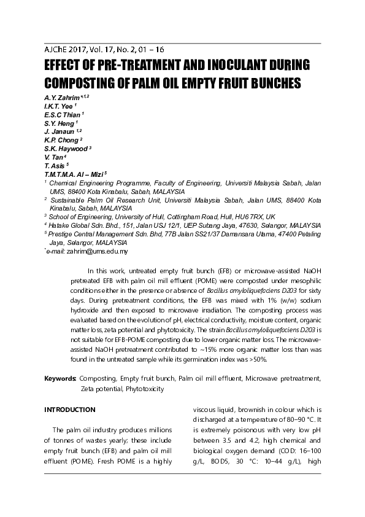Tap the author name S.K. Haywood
click(x=66, y=149)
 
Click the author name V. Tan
click(x=55, y=158)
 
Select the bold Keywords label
click(x=60, y=379)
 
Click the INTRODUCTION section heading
click(x=70, y=410)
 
